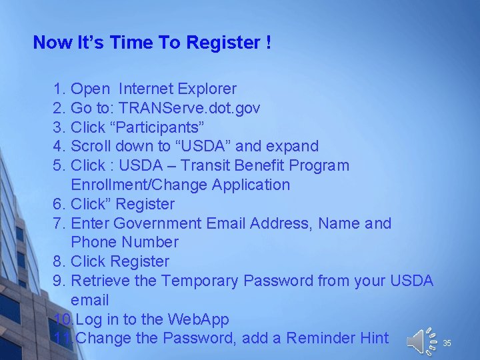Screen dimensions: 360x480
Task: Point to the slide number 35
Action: [x=447, y=343]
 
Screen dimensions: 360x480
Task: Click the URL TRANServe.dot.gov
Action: [x=189, y=107]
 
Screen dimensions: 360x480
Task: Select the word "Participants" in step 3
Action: [x=157, y=127]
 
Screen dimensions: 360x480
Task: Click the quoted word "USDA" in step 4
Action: [x=229, y=146]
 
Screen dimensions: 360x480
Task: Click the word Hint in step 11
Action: [x=374, y=338]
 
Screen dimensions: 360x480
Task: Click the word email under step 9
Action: [x=89, y=300]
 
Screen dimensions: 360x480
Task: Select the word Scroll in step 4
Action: [x=91, y=146]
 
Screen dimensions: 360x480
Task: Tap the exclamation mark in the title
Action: [x=268, y=43]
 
